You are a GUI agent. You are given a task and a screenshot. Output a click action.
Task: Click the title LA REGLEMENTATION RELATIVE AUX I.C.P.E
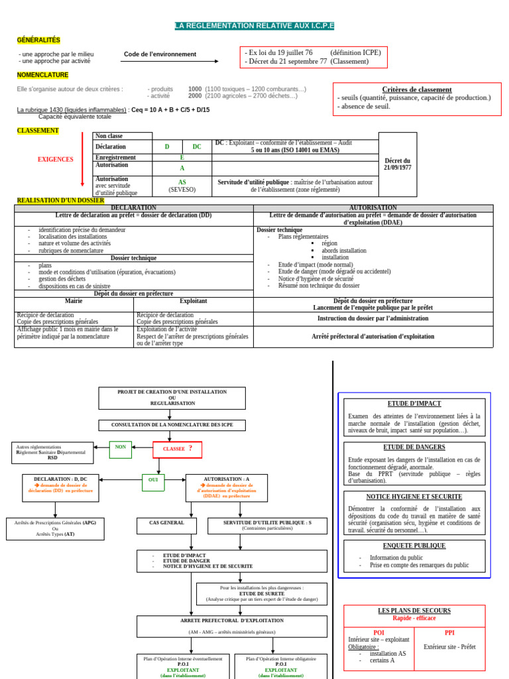(x=254, y=26)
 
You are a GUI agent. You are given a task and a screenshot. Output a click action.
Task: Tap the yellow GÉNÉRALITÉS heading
(x=38, y=40)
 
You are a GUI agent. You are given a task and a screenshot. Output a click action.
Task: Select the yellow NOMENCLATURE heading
(x=42, y=75)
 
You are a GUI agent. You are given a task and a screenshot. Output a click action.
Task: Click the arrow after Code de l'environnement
(x=170, y=61)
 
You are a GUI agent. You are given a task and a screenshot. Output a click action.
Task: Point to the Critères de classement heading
(x=417, y=90)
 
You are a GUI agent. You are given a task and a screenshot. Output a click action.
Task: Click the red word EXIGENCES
(x=56, y=160)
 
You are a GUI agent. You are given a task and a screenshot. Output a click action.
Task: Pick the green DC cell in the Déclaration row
(x=197, y=147)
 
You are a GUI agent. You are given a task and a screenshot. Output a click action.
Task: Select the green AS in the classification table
(x=182, y=182)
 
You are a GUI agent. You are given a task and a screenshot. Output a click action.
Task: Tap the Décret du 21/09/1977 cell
(x=398, y=164)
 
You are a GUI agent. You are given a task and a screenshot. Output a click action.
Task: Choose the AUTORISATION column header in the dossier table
(x=373, y=208)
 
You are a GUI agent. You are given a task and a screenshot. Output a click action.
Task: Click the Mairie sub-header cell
(x=74, y=301)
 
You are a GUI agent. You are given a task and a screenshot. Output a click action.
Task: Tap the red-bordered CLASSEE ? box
(x=178, y=449)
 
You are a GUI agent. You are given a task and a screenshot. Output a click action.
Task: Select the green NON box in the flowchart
(x=120, y=447)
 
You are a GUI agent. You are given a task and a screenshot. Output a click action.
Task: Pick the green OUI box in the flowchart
(x=153, y=479)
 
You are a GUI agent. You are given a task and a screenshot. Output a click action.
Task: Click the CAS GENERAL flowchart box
(x=166, y=523)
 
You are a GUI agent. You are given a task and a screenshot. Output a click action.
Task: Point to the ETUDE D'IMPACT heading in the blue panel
(x=414, y=404)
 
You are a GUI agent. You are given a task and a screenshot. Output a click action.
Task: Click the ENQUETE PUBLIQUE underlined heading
(x=414, y=546)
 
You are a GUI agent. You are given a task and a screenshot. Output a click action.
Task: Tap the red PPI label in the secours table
(x=449, y=633)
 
